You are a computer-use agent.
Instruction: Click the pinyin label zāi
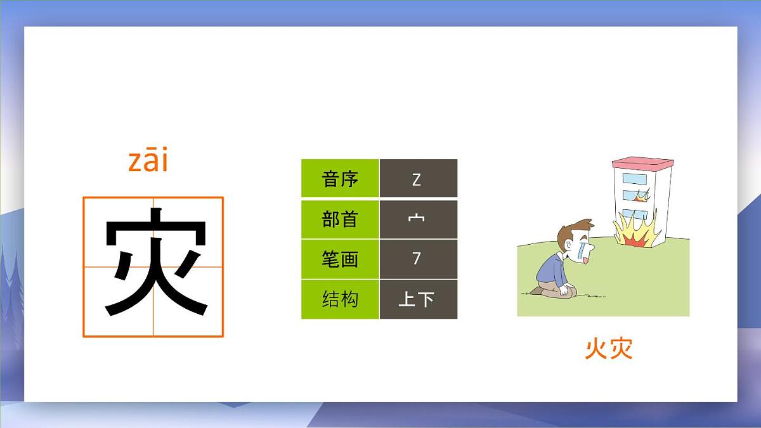coord(148,162)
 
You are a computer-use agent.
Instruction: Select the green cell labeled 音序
coord(340,179)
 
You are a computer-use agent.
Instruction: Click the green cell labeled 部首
coord(340,219)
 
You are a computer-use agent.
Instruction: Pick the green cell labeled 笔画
coord(340,259)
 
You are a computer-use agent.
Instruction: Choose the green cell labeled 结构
coord(340,299)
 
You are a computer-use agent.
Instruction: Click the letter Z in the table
coord(417,179)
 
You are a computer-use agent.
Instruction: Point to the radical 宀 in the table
coord(417,219)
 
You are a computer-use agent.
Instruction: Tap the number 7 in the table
coord(417,259)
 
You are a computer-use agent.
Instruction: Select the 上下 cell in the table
coord(417,299)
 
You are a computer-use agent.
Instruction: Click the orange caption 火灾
coord(608,349)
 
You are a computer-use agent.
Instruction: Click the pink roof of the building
coord(642,164)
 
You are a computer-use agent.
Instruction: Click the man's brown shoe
coord(537,290)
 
